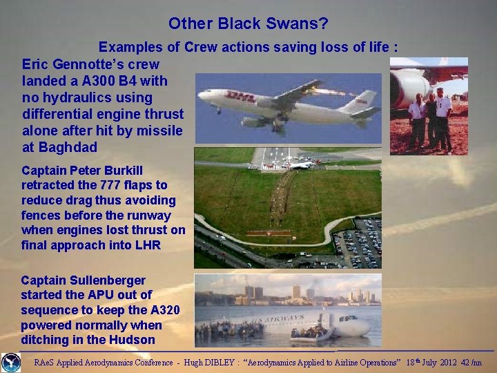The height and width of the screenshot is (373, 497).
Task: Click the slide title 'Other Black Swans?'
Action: [x=248, y=23]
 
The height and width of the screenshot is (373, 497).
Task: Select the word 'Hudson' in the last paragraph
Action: [x=133, y=340]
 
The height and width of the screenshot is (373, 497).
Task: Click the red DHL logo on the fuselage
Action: [x=241, y=97]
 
